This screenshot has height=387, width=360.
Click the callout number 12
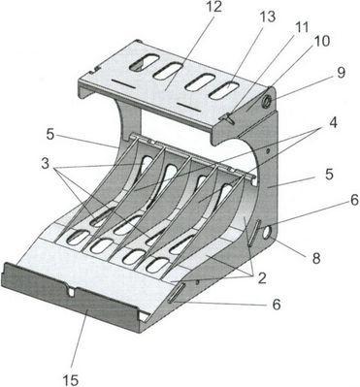tap(213, 7)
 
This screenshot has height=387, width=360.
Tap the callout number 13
tap(267, 17)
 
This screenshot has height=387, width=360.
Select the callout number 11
tap(301, 28)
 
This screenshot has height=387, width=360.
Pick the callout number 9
tap(341, 73)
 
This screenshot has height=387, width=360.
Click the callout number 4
tap(333, 123)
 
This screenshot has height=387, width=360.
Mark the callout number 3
tap(45, 164)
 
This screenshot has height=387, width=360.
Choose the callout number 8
tap(315, 258)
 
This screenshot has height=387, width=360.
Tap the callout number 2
tap(262, 278)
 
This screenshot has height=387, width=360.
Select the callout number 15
tap(70, 380)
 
